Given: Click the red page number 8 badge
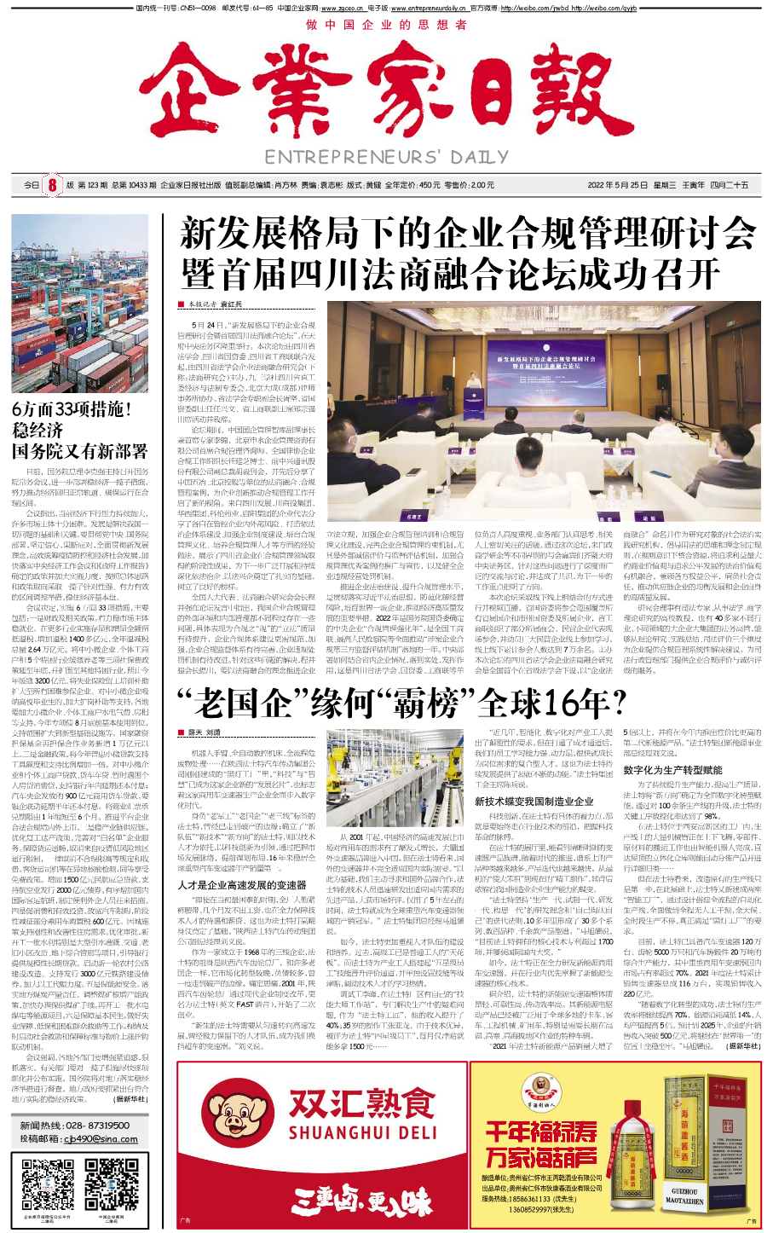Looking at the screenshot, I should coord(51,185).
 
